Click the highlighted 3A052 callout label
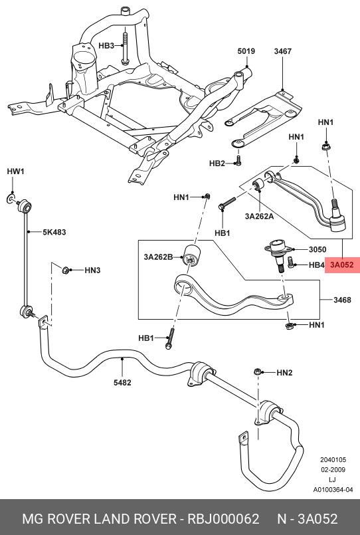342,265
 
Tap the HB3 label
106,45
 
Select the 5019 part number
246,51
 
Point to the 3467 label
282,51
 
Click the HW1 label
16,171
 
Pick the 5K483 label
54,232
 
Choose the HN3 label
92,270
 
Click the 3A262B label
158,257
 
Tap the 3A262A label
259,216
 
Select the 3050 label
317,249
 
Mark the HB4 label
316,265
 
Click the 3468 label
342,300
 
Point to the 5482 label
122,383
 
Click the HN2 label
284,373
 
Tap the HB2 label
217,163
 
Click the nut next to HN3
65,270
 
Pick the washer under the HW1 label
11,198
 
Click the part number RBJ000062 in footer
223,518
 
